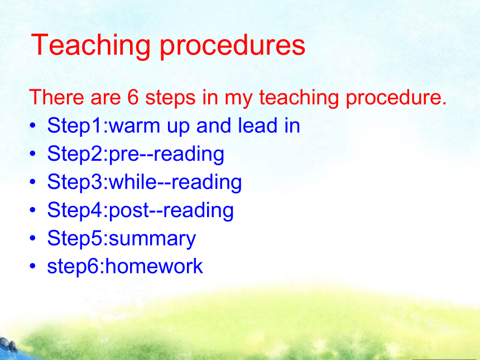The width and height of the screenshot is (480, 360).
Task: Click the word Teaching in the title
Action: (x=90, y=46)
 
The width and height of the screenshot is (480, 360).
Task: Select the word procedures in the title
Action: (x=233, y=46)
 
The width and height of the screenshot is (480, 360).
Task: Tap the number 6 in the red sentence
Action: (x=133, y=97)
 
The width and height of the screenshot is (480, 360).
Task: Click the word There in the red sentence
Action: (x=56, y=97)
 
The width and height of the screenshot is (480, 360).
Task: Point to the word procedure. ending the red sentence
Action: (x=396, y=99)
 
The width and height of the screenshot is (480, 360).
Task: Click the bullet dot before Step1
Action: (x=33, y=126)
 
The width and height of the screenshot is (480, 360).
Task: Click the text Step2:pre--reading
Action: (x=136, y=154)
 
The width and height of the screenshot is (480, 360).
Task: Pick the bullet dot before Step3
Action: (x=33, y=182)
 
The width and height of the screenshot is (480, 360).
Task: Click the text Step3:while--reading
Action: (x=145, y=182)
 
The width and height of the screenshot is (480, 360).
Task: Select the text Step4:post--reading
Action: (x=141, y=210)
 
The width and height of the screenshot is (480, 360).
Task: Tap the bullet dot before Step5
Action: (x=33, y=238)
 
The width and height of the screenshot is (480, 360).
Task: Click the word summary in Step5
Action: (x=152, y=239)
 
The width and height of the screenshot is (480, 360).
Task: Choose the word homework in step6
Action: (x=154, y=266)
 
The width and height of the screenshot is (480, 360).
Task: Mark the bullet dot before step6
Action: (x=33, y=266)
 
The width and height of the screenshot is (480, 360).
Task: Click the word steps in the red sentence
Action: (x=170, y=98)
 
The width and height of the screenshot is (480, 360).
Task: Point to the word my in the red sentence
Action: (x=238, y=99)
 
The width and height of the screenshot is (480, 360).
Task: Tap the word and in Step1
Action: (x=214, y=125)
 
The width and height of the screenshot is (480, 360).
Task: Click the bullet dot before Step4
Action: (x=33, y=210)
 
